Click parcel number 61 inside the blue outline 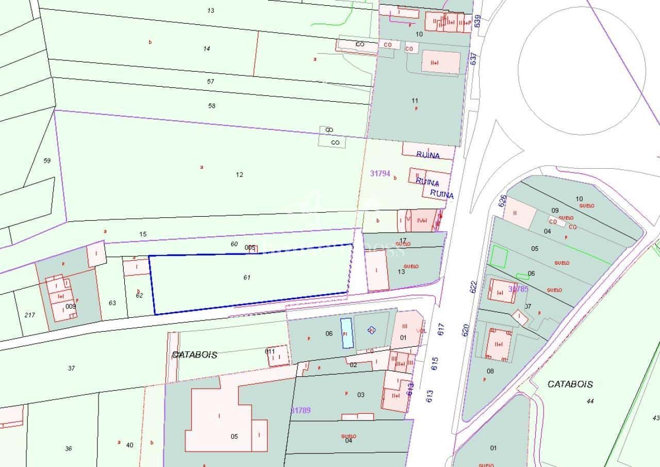click(246, 278)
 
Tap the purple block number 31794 click(380, 173)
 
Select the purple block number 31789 click(301, 410)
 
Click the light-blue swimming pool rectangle click(346, 333)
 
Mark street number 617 click(441, 330)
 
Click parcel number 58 click(211, 106)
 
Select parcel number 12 click(239, 174)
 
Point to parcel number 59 click(47, 161)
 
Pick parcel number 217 click(30, 315)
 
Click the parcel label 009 click(71, 306)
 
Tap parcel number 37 click(71, 368)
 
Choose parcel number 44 click(590, 401)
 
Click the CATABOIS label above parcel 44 click(570, 384)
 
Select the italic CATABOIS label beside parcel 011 click(194, 355)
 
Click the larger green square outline click(499, 257)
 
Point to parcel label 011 click(270, 351)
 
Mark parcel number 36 click(69, 448)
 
